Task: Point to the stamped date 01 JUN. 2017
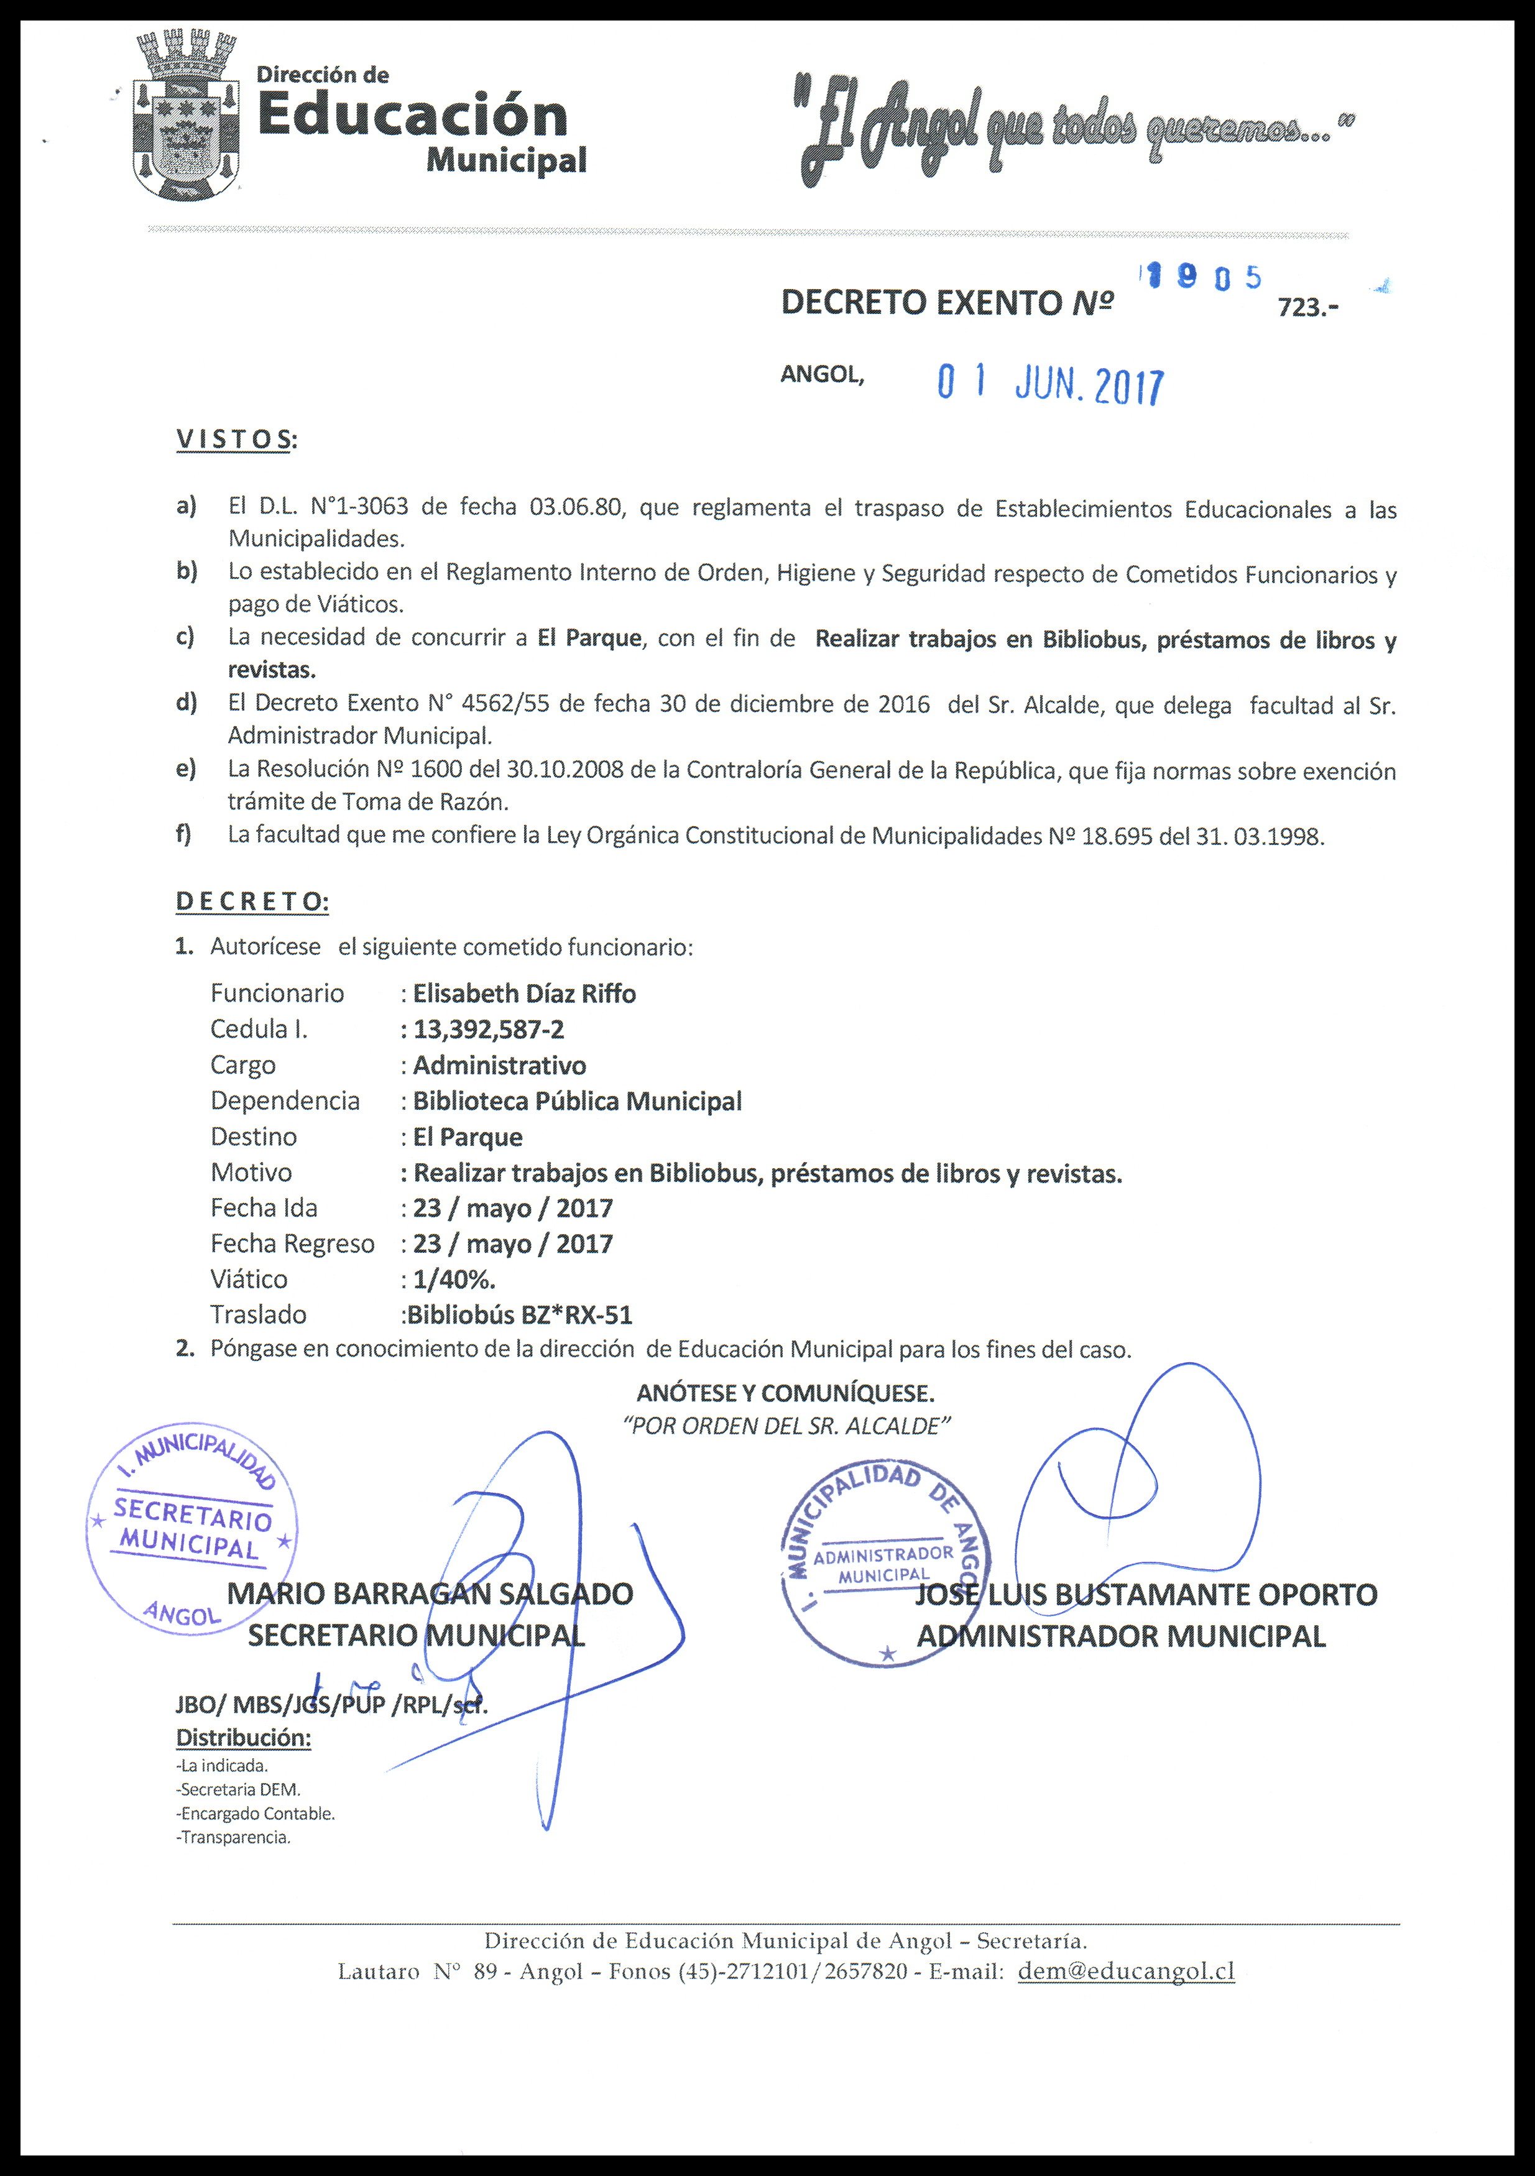tap(1049, 385)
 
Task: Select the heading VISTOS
tap(235, 440)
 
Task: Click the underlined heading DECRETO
tap(252, 901)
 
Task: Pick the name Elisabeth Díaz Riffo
tap(524, 993)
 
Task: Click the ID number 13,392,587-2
tap(489, 1029)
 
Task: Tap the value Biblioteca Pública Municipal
tap(577, 1101)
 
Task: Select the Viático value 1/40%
tap(454, 1279)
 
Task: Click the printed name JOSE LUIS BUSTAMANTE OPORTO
tap(1146, 1594)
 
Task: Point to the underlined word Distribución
tap(244, 1738)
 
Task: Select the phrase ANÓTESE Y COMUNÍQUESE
tap(785, 1393)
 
